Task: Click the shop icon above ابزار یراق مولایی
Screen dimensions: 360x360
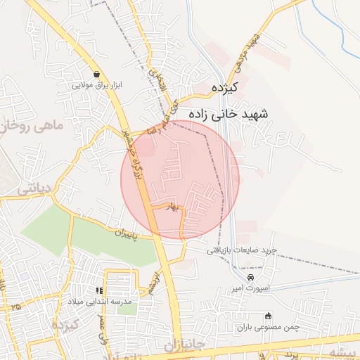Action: click(x=96, y=74)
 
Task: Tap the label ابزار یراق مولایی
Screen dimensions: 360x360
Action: click(x=97, y=85)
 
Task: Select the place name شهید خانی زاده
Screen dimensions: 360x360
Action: click(x=224, y=112)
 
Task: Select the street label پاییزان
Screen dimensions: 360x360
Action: click(x=134, y=232)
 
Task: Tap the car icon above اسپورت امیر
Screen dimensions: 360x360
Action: click(x=241, y=278)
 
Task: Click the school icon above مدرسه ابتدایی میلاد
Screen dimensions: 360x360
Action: click(x=100, y=290)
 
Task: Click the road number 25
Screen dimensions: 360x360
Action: click(x=15, y=307)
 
